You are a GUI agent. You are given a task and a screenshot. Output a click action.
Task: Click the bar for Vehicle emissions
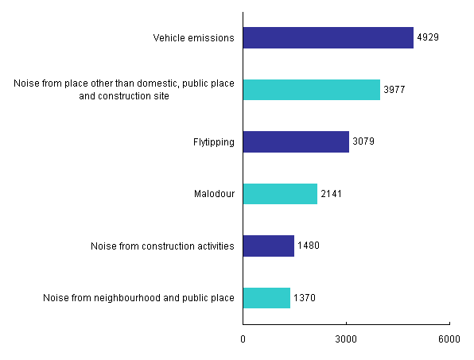point(328,38)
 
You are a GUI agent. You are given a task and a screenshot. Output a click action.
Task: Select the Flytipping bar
point(296,142)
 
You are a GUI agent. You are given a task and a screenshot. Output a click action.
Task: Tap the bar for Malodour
point(280,194)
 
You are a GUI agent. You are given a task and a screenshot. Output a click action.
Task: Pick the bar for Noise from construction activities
point(268,246)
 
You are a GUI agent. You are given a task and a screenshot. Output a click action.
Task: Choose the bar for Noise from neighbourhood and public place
point(266,298)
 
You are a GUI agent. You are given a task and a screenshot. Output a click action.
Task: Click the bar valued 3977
point(311,90)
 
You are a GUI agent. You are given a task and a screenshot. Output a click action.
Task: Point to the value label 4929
point(428,38)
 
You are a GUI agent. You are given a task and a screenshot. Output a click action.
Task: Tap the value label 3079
point(363,142)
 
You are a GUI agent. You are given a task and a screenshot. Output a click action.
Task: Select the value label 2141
point(332,194)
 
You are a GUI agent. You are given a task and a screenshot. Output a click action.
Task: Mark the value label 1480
point(309,246)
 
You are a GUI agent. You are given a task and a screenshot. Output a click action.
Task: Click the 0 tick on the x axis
point(243,339)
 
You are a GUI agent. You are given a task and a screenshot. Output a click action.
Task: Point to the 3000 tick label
point(346,339)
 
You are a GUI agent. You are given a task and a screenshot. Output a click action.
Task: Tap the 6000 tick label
point(449,339)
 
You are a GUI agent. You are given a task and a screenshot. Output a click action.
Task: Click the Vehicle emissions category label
point(194,38)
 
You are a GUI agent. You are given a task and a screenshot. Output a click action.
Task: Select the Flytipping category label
point(214,142)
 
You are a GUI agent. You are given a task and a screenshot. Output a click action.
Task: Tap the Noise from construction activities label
point(163,246)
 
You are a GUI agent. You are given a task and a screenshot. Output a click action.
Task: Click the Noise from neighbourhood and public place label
point(139,298)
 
